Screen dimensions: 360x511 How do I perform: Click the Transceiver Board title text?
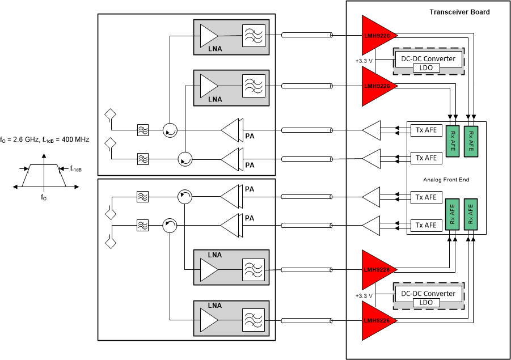(x=459, y=12)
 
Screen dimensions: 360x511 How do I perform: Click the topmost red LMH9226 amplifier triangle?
(x=377, y=35)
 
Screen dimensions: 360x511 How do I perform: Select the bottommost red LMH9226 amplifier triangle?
(x=377, y=321)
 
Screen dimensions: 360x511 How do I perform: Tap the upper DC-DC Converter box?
(x=429, y=58)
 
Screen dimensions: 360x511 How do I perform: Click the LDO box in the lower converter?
(x=428, y=303)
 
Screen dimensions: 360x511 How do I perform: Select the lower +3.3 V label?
(x=363, y=295)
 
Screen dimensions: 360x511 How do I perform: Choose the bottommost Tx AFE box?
(x=426, y=225)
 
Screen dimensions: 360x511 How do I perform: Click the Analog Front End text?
(x=446, y=180)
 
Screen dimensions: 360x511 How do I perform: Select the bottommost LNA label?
(x=214, y=306)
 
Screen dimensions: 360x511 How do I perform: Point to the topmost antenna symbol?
(x=109, y=116)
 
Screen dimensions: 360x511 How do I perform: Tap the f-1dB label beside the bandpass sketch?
(x=75, y=168)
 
